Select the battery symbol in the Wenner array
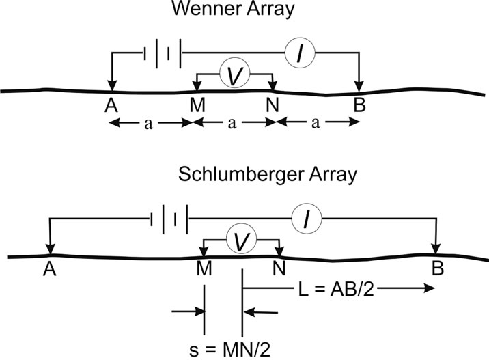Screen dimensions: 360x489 pos(163,52)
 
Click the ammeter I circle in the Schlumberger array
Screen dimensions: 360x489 pos(307,219)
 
